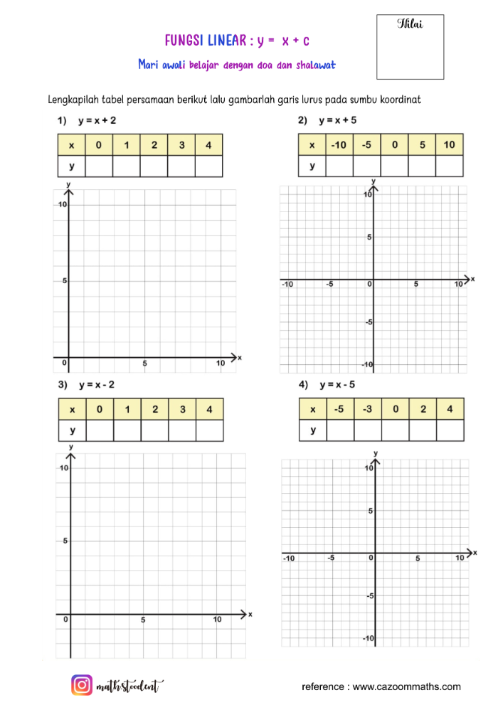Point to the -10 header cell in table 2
tap(339, 144)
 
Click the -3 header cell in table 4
tap(367, 409)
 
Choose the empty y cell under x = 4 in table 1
tap(208, 166)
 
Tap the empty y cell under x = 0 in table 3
tap(100, 430)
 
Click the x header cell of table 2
tap(312, 144)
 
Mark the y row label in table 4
tap(312, 430)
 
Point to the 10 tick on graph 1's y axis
tap(63, 204)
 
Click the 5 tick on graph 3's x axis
tap(143, 620)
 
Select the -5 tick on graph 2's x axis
tap(329, 284)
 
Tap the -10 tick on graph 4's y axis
tap(369, 639)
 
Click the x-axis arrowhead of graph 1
tap(235, 356)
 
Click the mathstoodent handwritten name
tap(129, 686)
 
